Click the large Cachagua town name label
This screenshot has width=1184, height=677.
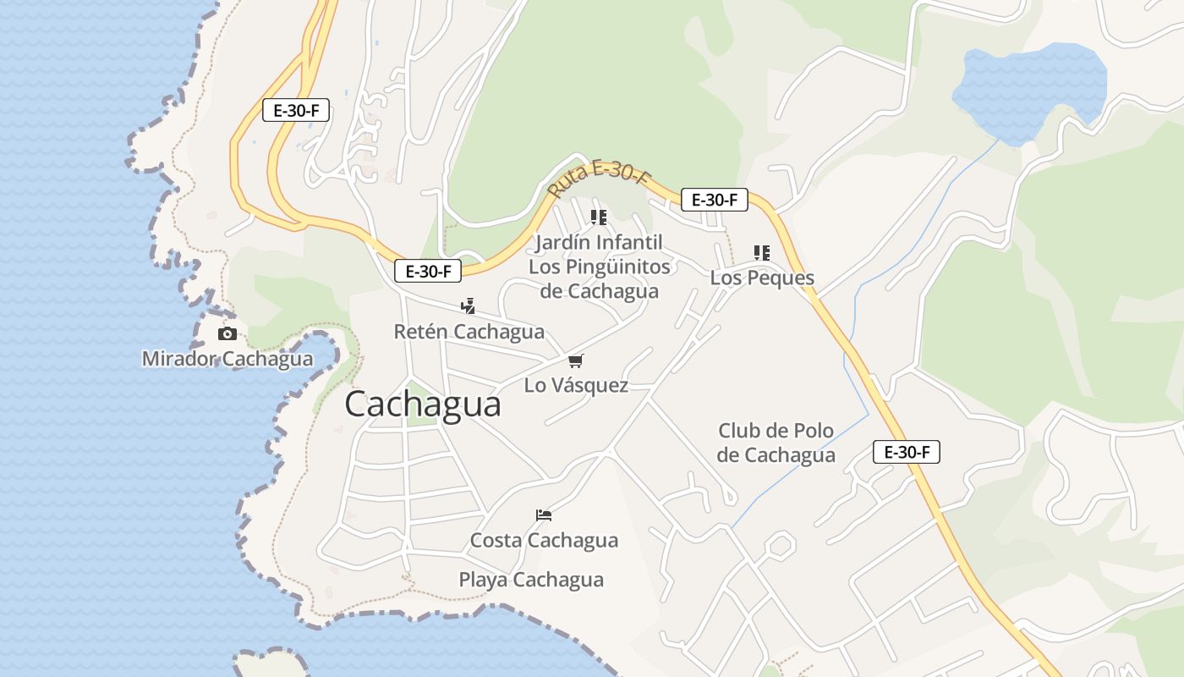point(422,404)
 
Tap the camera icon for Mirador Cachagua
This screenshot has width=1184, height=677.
point(227,334)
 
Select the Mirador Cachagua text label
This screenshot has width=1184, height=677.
point(227,359)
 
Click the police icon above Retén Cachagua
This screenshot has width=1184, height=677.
point(468,306)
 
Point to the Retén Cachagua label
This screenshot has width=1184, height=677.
point(469,332)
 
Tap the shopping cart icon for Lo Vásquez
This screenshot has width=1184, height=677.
point(576,361)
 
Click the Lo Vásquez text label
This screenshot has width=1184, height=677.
point(576,386)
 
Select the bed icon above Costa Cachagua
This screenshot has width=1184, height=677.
point(544,515)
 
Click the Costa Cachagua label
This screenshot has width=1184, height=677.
point(544,540)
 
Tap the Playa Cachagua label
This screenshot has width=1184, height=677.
point(531,580)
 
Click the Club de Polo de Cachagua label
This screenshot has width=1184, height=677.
point(776,443)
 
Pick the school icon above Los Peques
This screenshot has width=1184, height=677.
point(762,252)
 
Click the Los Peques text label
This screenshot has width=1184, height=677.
point(762,278)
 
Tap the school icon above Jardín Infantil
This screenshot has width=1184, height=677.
point(599,217)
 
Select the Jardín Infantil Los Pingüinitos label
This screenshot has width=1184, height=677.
point(599,267)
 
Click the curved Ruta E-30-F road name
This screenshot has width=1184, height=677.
point(599,180)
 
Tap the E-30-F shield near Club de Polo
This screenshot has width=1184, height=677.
point(906,452)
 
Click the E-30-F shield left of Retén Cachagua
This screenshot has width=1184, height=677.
point(427,272)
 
